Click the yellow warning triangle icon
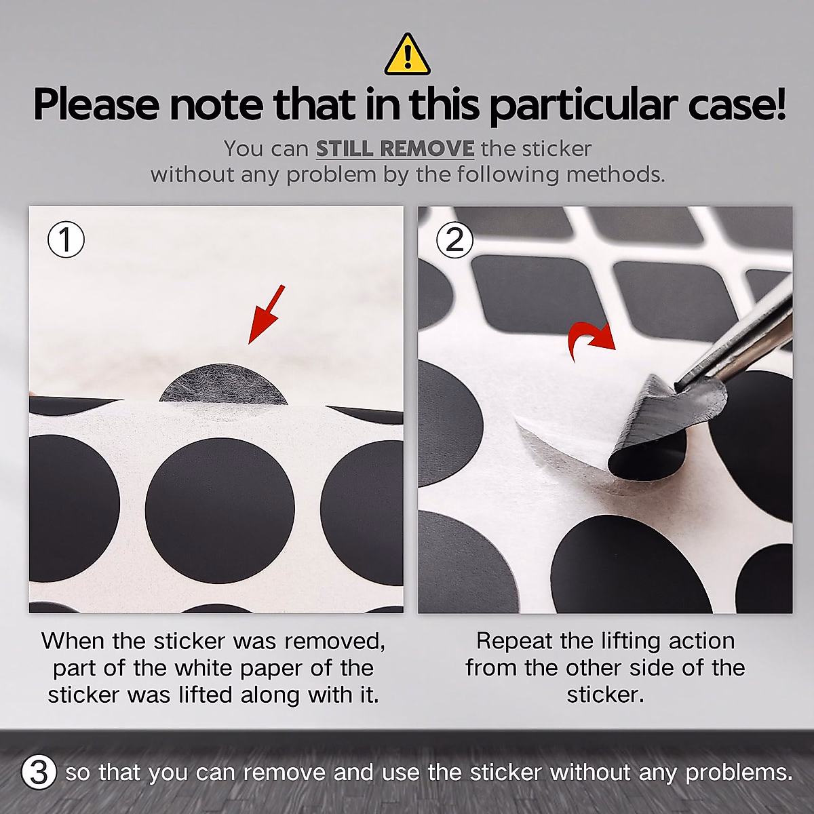click(x=407, y=56)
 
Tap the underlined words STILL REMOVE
click(x=395, y=149)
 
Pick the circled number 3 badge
click(x=38, y=772)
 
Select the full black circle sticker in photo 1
click(x=220, y=509)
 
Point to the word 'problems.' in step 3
click(x=739, y=773)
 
